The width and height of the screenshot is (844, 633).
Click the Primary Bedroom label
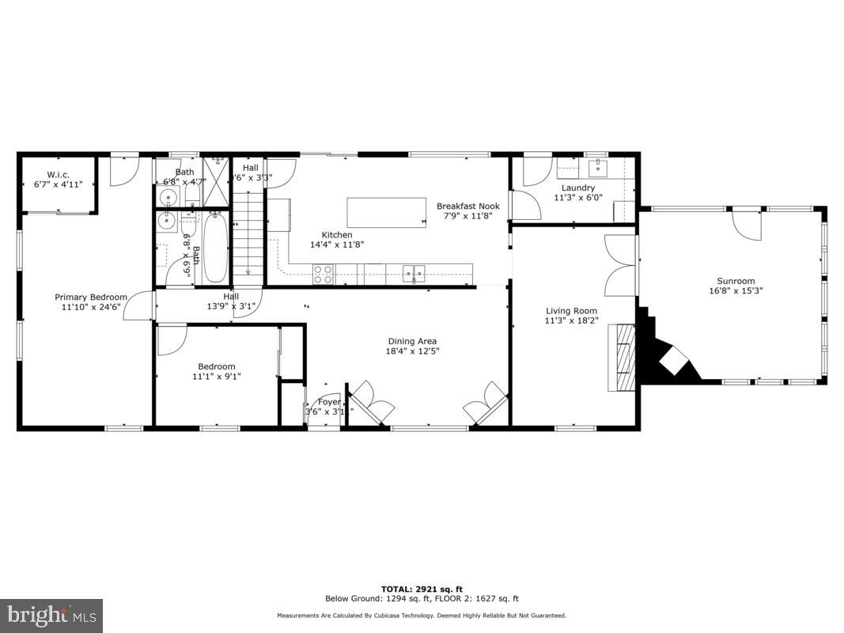(x=91, y=298)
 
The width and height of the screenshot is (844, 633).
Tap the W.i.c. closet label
(x=59, y=174)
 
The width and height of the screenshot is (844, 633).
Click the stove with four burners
(x=324, y=274)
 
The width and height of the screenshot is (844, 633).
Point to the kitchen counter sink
(x=414, y=274)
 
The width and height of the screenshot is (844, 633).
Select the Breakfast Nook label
(x=467, y=207)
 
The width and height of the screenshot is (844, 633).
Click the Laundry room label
(x=577, y=188)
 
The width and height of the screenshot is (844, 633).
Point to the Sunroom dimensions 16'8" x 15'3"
(x=736, y=290)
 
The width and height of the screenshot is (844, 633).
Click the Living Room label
(x=571, y=311)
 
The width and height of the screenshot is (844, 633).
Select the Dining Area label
(x=411, y=342)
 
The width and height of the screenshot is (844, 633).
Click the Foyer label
(x=329, y=402)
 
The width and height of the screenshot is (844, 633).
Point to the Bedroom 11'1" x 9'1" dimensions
(x=216, y=377)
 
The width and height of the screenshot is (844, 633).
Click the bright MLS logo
(x=51, y=615)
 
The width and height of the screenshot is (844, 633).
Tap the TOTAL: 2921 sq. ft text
(x=422, y=589)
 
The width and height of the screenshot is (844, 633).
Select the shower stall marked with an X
(x=214, y=171)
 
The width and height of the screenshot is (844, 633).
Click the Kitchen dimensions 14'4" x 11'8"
(x=336, y=244)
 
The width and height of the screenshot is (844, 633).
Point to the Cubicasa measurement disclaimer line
(x=422, y=616)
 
